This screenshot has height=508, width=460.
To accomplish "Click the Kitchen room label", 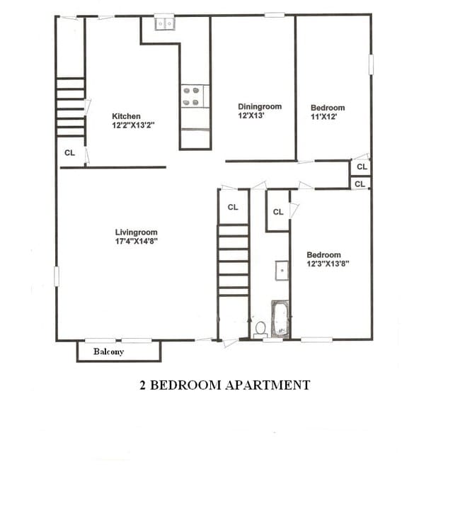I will coord(127,116).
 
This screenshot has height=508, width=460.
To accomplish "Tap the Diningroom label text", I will coord(260,107).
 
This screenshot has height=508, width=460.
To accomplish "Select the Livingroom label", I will coord(137,232).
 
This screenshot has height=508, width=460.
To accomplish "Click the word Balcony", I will coord(109,351).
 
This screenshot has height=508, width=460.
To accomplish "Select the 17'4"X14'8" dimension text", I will coord(137,241).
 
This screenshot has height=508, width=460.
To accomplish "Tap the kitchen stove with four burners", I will coord(195,96).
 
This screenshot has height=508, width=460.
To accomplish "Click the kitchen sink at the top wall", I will coord(165,24).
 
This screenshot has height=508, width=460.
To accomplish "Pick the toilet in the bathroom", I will coord(260,329).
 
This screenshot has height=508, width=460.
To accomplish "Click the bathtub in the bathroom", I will coord(280,318).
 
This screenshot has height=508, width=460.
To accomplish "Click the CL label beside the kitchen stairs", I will coord(69,152).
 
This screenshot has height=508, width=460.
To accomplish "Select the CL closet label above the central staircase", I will coord(233,208).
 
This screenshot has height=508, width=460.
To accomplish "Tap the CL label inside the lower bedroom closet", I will coord(278,212).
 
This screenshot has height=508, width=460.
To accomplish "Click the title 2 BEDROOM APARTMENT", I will coord(224,385).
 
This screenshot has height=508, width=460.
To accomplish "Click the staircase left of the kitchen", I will coord(71,107).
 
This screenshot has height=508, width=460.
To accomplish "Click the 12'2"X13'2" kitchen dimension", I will coord(133,125).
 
